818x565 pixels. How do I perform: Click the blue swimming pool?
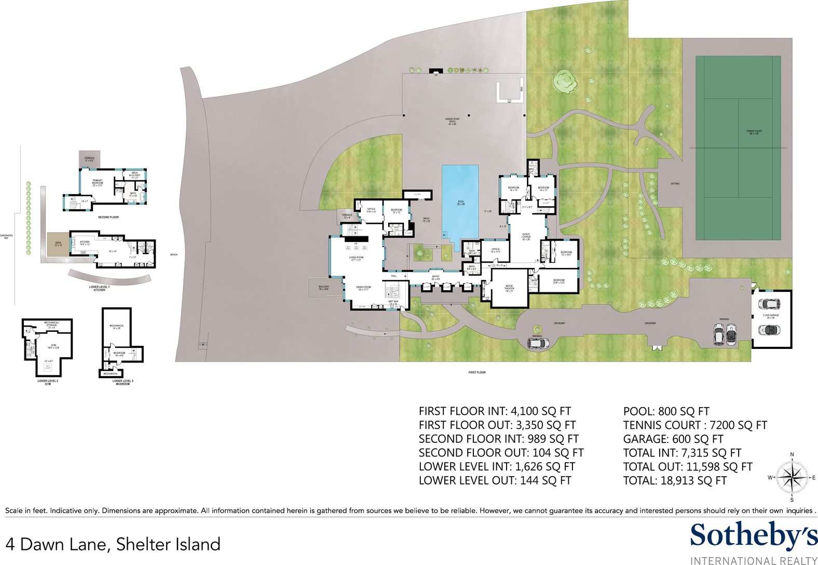460,203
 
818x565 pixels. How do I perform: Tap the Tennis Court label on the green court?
754,132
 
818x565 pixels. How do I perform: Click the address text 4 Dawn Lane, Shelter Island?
113,544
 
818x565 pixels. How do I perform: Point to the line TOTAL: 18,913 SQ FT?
675,481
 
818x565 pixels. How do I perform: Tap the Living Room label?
356,259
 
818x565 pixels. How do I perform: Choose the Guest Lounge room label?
526,236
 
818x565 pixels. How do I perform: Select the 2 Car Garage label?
771,316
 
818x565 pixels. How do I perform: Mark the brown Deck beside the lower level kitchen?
58,245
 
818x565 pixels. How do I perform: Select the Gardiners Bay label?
7,237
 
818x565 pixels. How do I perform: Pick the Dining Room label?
363,288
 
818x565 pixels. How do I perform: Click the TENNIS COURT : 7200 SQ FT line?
695,425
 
